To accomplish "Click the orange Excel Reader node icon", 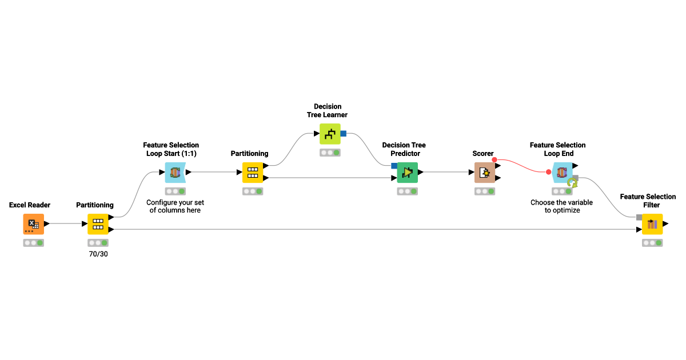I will pos(33,224).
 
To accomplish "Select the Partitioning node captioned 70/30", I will pos(98,224).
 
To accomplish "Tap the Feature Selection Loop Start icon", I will pos(175,172).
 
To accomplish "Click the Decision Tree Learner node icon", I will pos(330,134).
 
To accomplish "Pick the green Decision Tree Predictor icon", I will pos(408,172).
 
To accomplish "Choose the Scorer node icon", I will pos(484,172).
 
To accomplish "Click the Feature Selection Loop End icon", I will pos(562,172).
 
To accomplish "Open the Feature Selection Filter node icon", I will pos(652,224).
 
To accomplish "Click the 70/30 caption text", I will pos(98,254).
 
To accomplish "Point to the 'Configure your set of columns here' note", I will pos(175,206).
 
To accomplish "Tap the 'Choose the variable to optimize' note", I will pos(562,206).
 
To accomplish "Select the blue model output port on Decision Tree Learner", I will pos(344,134).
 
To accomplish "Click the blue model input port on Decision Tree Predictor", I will pos(394,166).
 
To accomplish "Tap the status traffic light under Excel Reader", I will pos(33,243).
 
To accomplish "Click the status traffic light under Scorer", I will pos(484,191).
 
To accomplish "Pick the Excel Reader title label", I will pos(30,205).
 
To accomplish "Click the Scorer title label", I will pos(483,154).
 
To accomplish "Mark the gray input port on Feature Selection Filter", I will pos(639,217).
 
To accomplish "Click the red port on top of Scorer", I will pos(494,160).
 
